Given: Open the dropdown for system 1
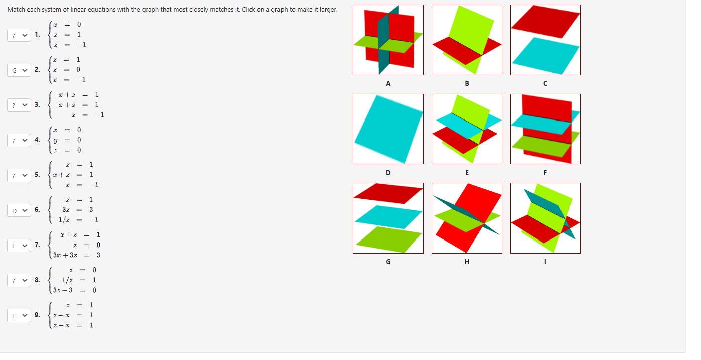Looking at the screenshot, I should tap(19, 35).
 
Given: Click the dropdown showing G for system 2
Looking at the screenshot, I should tap(19, 70).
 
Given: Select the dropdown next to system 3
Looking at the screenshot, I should tap(19, 105).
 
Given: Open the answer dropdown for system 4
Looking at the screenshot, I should tap(19, 140).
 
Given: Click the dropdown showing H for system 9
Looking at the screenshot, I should tap(19, 315).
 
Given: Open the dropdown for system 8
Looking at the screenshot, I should tap(19, 280).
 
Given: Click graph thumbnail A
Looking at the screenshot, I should tap(388, 40).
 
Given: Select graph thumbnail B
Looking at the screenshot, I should tap(467, 40).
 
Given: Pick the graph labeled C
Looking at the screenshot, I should tap(545, 40).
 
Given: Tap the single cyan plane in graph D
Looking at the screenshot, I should tap(388, 129).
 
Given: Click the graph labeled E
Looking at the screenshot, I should tap(467, 129).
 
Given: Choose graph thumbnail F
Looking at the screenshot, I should tap(545, 129).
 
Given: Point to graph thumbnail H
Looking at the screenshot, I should tap(467, 218).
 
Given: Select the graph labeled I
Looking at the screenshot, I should tap(545, 218).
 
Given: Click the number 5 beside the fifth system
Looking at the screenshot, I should tap(37, 175).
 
